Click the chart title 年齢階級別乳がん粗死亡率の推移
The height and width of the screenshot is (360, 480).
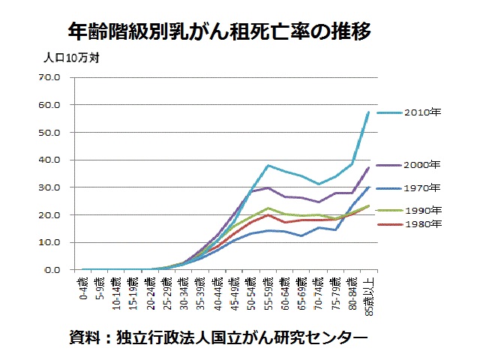219,32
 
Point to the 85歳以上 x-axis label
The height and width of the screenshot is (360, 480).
369,294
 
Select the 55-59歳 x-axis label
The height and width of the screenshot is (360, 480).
269,291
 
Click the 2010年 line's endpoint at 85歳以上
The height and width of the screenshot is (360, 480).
369,112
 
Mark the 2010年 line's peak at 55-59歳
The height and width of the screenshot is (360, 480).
269,165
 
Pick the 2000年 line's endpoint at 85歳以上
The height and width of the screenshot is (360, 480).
369,167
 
